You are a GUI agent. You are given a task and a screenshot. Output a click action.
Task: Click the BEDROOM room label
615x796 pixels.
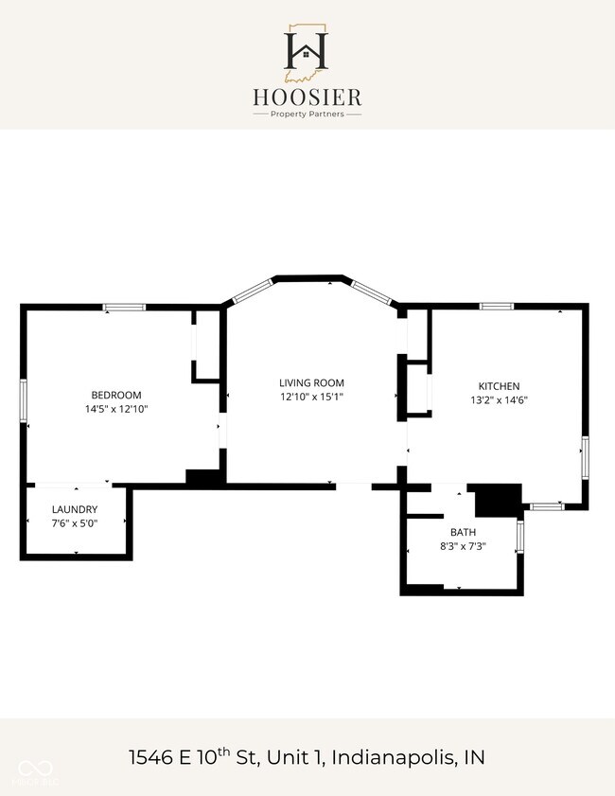click(116, 395)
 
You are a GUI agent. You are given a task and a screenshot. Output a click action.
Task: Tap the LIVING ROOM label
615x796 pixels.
click(311, 382)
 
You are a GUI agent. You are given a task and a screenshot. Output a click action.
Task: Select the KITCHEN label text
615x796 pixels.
click(499, 386)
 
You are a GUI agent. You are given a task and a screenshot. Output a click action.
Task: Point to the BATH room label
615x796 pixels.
click(464, 532)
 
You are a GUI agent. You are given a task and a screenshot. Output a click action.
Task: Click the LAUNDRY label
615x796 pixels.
click(75, 509)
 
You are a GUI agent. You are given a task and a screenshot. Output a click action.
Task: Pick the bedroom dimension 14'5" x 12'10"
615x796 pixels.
click(116, 409)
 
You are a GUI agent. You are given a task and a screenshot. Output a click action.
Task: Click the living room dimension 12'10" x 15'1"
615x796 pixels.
click(311, 397)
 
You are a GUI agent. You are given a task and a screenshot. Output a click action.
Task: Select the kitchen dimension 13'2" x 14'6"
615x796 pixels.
click(499, 399)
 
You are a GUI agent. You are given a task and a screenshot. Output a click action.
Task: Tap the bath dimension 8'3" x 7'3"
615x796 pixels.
click(464, 546)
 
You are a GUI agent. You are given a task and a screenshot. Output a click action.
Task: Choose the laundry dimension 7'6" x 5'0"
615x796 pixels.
click(75, 522)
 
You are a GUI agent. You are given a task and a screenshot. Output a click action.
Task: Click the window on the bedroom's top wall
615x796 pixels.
click(124, 307)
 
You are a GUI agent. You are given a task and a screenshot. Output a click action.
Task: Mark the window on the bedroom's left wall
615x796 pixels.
click(23, 400)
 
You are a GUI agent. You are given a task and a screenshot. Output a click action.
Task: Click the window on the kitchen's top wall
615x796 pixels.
click(497, 306)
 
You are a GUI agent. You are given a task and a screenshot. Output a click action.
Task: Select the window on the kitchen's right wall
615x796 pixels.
click(585, 457)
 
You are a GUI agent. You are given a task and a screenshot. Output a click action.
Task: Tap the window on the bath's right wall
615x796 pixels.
click(520, 537)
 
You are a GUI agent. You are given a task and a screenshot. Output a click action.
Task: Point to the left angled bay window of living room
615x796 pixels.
click(254, 291)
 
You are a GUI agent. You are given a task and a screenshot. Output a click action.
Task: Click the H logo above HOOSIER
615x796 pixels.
click(306, 52)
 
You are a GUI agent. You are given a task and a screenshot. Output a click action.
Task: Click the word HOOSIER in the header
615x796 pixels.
click(307, 97)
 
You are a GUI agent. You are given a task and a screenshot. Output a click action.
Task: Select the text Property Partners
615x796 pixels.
click(307, 115)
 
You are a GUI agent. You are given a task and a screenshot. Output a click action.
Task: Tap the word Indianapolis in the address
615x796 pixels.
click(394, 757)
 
